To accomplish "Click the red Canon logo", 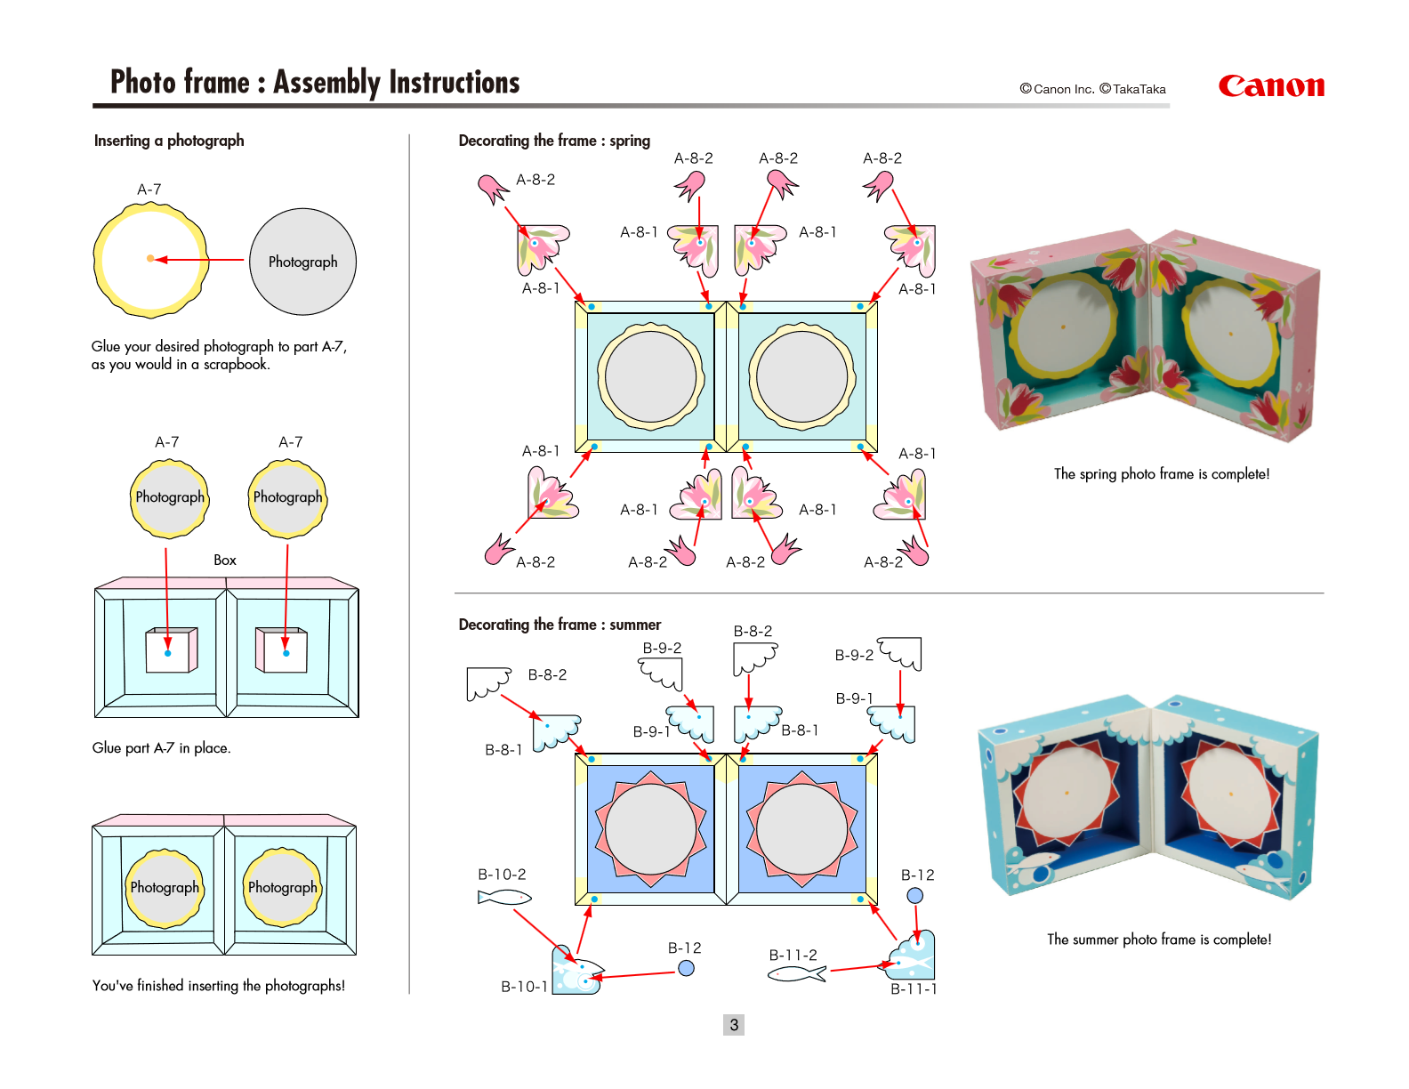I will (x=1270, y=86).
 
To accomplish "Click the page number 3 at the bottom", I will (x=734, y=1025).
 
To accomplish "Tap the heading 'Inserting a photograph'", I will (x=169, y=141).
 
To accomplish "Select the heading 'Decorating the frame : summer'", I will (x=560, y=625).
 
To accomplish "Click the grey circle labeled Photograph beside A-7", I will (x=302, y=262).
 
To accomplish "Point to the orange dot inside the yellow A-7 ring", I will (x=150, y=259).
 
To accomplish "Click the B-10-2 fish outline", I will (x=503, y=898).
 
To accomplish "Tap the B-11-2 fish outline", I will (x=796, y=974).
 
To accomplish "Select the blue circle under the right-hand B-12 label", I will (x=914, y=896).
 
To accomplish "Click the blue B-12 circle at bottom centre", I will (x=686, y=968).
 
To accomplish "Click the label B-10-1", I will (x=524, y=987).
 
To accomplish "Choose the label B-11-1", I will (x=914, y=988).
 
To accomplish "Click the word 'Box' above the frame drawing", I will (x=225, y=560).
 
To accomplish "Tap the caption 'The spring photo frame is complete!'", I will (x=1161, y=474).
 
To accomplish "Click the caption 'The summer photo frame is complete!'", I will (x=1158, y=940).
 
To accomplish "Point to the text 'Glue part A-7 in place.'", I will (x=161, y=748).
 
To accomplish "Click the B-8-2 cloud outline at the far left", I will (x=487, y=682).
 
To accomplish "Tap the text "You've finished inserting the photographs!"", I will (x=219, y=986).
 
